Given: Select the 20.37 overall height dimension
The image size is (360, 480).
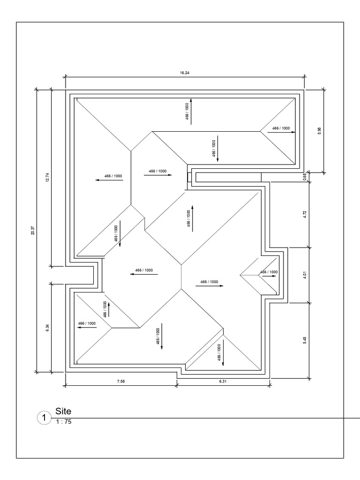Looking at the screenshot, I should point(33,230).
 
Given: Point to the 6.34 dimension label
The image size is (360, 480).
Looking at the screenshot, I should point(47,328).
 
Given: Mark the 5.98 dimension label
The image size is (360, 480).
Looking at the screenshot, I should point(319,130).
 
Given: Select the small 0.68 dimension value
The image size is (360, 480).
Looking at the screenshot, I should point(304,177).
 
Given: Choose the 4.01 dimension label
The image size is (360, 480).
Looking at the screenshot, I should point(304,275).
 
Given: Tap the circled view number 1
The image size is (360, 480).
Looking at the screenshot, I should point(43,417).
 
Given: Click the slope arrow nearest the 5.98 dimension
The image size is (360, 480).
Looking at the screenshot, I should point(281,132).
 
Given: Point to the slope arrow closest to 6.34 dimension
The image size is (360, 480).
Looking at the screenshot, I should point(87,328).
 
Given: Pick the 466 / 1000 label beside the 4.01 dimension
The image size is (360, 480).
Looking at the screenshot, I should point(269,272).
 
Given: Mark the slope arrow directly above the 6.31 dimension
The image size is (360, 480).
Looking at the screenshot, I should point(223,352).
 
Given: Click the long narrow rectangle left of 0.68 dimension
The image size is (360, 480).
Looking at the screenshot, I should point(228,177).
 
